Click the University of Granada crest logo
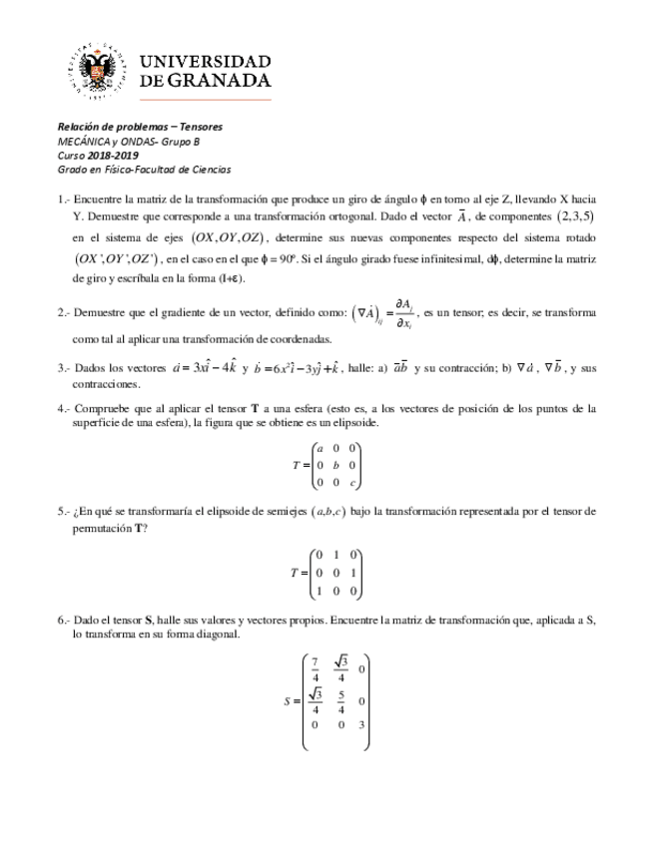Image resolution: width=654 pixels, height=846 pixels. tap(100, 71)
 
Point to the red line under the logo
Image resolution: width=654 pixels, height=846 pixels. tap(171, 101)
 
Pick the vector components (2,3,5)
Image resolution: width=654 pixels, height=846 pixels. tap(575, 216)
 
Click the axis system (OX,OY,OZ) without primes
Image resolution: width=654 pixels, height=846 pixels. tap(230, 238)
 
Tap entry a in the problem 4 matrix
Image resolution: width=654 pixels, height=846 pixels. tap(318, 447)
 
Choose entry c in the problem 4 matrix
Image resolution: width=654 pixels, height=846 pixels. tap(352, 483)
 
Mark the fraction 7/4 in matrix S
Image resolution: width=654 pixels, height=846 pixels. tap(316, 668)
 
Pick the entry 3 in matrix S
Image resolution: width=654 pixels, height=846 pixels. tap(361, 725)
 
